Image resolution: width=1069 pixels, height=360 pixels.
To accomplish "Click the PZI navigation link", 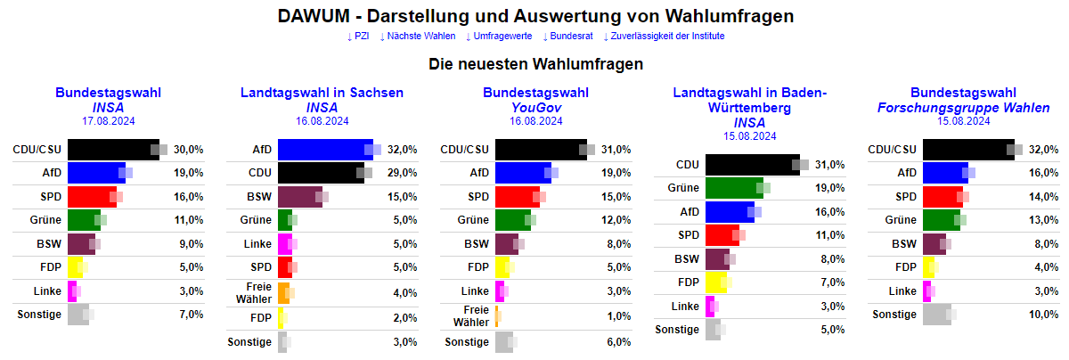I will click(x=357, y=37).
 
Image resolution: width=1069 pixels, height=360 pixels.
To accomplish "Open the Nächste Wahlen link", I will click(x=416, y=37).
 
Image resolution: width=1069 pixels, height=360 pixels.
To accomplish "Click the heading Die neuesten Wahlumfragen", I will click(x=535, y=64).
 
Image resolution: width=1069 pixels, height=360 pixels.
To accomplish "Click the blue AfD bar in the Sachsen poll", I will click(x=325, y=150).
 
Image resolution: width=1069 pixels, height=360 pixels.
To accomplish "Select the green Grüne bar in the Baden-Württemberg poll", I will click(x=734, y=188).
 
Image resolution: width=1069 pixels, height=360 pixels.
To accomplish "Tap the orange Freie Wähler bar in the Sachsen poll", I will click(x=284, y=293).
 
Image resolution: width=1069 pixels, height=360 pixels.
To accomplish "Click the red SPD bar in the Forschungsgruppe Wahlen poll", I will click(x=943, y=197).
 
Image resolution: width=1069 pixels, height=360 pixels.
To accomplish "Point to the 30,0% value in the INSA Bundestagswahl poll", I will click(x=188, y=150).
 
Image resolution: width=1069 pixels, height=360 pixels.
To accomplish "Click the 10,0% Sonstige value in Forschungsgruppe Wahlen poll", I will click(x=1043, y=315).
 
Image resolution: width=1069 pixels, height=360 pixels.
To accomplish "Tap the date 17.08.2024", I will click(x=108, y=121).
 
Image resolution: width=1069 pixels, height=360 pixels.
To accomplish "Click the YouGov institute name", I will click(x=535, y=108).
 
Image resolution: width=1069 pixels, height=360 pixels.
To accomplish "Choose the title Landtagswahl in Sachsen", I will click(x=322, y=93).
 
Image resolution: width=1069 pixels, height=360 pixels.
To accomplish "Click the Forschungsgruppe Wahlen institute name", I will click(x=963, y=108).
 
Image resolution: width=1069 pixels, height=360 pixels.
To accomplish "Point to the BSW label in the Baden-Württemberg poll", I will click(x=687, y=259).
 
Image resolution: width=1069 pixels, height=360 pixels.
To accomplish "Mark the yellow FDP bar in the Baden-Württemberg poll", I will click(x=717, y=283).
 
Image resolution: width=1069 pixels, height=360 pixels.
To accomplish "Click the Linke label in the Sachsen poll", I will click(x=257, y=244).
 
